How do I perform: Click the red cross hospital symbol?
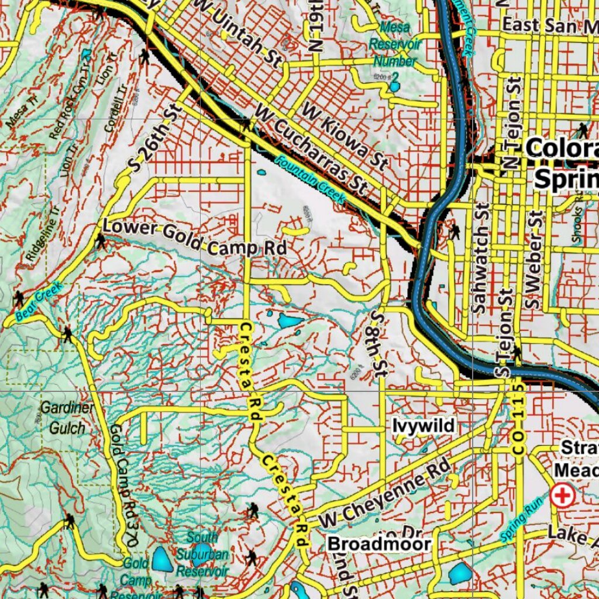pyautogui.click(x=563, y=497)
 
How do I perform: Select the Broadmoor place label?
pyautogui.click(x=379, y=544)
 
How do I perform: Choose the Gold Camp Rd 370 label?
pyautogui.click(x=123, y=486)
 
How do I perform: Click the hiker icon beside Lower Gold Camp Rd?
pyautogui.click(x=101, y=241)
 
